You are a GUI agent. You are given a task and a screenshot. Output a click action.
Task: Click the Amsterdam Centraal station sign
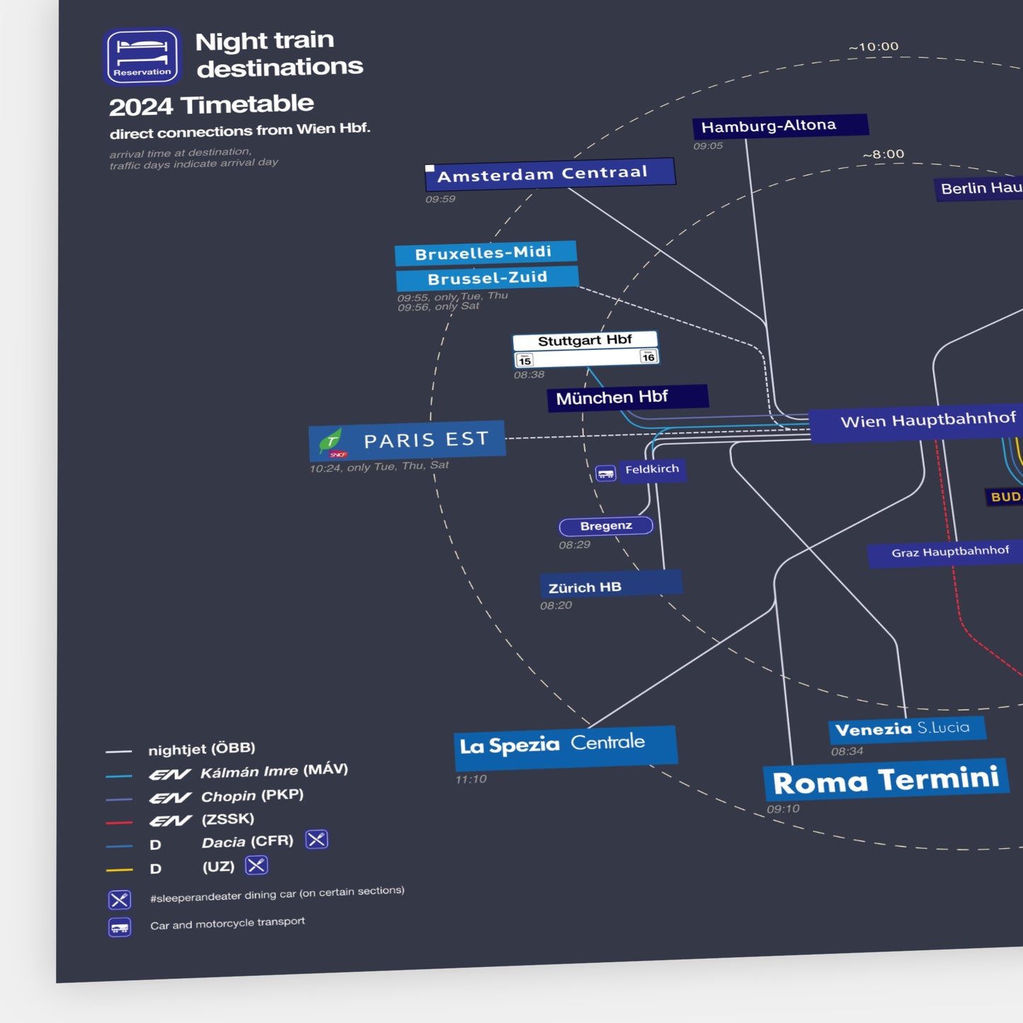550,173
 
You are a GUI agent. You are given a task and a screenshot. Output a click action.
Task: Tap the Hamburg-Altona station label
779,126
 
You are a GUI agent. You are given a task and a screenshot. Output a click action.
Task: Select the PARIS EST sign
407,440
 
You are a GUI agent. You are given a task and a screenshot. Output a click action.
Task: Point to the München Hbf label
627,397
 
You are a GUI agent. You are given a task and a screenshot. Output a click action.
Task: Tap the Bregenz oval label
606,526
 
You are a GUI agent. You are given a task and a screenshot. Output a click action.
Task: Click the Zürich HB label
610,585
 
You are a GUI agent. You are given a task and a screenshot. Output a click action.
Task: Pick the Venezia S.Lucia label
905,728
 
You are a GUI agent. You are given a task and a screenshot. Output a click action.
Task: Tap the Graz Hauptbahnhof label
949,551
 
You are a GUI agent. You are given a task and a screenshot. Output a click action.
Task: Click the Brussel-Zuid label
487,278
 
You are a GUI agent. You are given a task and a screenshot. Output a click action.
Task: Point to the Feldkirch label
652,469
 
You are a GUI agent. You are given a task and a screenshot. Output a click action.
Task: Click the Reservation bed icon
142,56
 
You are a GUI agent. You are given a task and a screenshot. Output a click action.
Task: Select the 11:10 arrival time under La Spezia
471,779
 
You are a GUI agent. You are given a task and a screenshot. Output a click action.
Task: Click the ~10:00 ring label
873,47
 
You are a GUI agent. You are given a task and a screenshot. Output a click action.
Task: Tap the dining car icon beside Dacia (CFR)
316,840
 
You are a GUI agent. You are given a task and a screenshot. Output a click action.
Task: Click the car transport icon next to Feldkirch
605,473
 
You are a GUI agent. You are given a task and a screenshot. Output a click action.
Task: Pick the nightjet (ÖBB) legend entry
201,749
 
